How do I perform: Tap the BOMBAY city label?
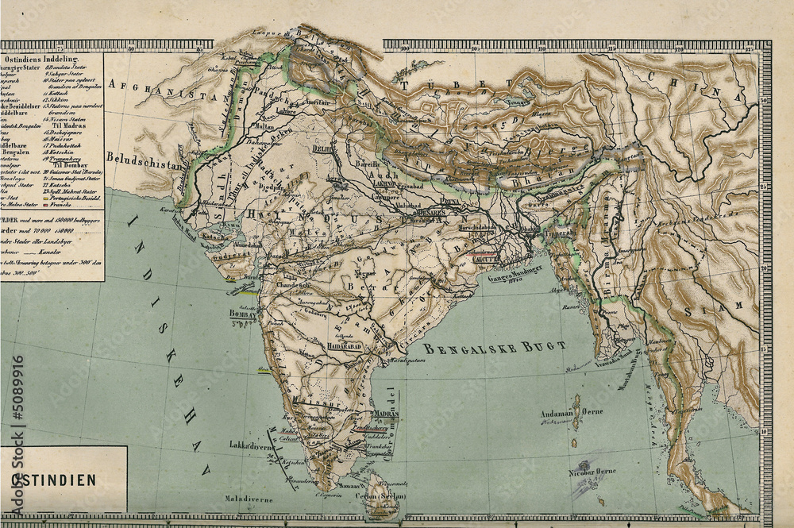(x=244, y=314)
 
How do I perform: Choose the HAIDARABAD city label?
(x=344, y=348)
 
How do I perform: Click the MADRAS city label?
(x=385, y=414)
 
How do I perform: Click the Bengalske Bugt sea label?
(x=494, y=348)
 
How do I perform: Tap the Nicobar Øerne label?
(x=594, y=471)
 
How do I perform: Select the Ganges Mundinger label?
(x=515, y=269)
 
